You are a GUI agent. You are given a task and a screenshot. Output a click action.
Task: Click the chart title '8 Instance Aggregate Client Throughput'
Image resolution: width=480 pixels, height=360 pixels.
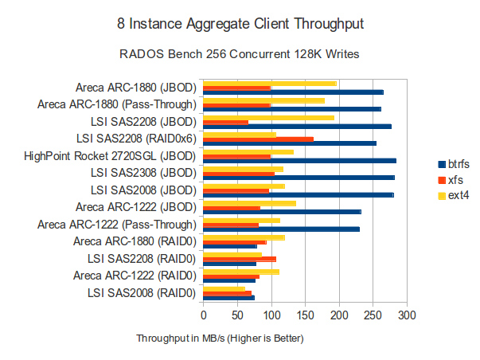click(x=240, y=25)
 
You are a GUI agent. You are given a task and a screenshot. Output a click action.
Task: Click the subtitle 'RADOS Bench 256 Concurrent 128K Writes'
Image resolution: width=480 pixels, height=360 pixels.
click(x=240, y=55)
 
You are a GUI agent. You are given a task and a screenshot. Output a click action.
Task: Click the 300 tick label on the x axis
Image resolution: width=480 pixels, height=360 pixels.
click(x=408, y=315)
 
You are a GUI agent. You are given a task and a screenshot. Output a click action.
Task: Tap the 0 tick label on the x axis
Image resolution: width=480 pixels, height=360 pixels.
click(x=204, y=315)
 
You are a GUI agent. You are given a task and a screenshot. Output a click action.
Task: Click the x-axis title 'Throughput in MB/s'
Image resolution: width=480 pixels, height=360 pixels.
click(x=220, y=338)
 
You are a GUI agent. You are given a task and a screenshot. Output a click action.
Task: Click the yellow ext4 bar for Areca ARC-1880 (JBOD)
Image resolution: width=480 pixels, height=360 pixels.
click(x=270, y=83)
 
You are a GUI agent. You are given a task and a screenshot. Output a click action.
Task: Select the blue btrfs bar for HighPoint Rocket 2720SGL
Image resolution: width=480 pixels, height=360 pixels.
click(x=299, y=161)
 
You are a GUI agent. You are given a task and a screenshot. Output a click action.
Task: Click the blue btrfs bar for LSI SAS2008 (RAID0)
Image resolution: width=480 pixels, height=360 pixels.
click(x=228, y=298)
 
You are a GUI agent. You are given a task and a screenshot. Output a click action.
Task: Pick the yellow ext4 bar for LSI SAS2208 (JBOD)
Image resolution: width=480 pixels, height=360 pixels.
click(x=268, y=117)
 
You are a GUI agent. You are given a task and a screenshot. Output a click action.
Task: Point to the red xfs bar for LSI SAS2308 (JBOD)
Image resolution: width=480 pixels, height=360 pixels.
click(x=239, y=173)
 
